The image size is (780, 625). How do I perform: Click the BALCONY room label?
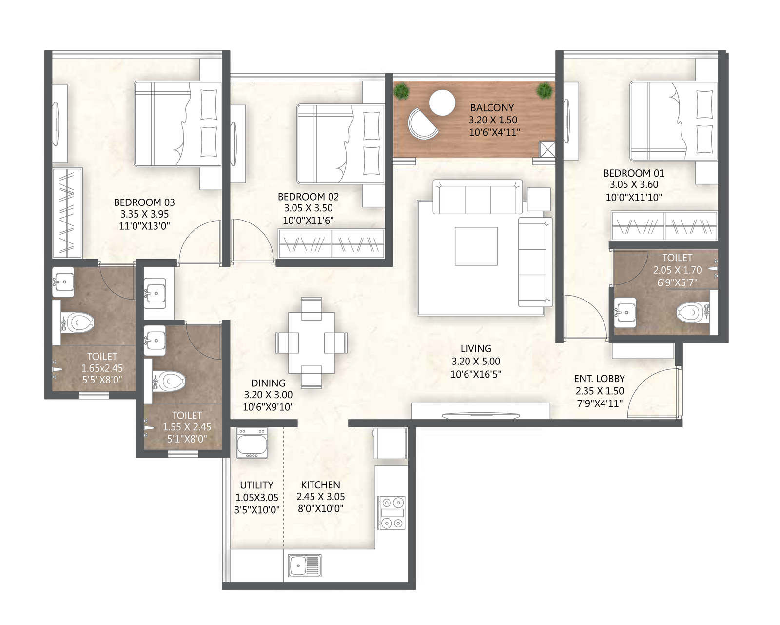pos(492,108)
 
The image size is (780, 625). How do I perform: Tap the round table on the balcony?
pos(442,103)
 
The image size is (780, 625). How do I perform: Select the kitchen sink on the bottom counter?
pos(304,565)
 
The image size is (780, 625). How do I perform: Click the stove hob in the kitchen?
pos(392,513)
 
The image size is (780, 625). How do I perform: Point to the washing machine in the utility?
pos(252,443)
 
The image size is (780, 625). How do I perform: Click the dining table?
pos(312,342)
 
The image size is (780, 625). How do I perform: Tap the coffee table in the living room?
pos(476,246)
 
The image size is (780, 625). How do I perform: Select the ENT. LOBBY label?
pos(599,379)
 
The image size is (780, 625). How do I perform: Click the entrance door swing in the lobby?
pos(653,390)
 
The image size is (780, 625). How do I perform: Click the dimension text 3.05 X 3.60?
pos(634,185)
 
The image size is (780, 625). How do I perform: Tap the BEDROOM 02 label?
pos(308,197)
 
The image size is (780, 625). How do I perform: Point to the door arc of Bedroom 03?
pos(197,242)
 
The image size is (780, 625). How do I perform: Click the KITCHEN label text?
pos(320,485)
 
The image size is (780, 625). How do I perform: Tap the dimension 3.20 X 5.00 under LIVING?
pos(476,362)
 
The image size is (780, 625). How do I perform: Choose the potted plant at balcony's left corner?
pos(402,91)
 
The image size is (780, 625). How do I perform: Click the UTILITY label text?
pos(256,485)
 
